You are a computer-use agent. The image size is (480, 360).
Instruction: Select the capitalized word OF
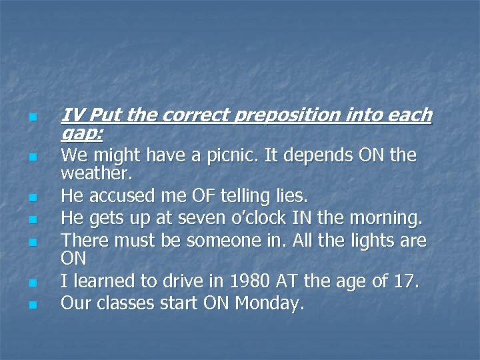click(x=192, y=197)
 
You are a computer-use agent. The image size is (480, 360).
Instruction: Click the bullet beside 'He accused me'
click(x=31, y=198)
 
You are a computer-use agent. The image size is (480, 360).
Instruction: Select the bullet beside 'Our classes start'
click(x=31, y=305)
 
